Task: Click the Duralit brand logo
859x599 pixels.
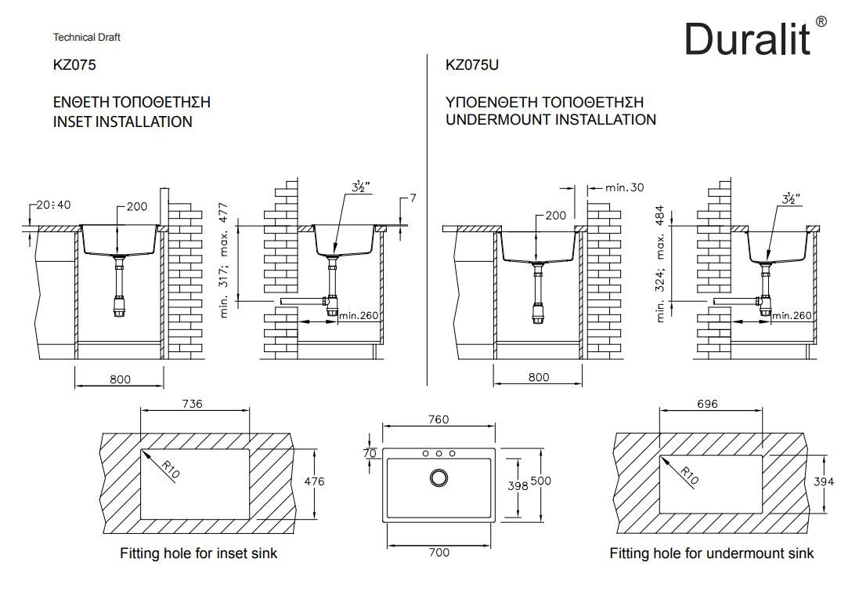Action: point(748,37)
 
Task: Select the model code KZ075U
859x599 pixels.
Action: point(471,65)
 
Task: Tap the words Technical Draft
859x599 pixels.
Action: point(86,37)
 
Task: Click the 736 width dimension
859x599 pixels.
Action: point(192,404)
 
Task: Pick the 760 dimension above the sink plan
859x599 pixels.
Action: point(439,419)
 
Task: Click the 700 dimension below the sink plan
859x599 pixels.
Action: point(439,553)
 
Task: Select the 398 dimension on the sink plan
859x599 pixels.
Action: point(517,486)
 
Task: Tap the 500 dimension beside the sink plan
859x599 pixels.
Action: point(541,481)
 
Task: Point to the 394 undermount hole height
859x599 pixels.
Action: point(824,481)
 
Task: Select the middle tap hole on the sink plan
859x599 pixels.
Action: point(439,453)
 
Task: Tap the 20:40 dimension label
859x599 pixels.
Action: point(53,205)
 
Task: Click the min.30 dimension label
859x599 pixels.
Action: point(624,187)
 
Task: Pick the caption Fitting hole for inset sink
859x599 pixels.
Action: point(198,554)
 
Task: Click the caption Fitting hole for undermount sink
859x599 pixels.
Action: point(711,554)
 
